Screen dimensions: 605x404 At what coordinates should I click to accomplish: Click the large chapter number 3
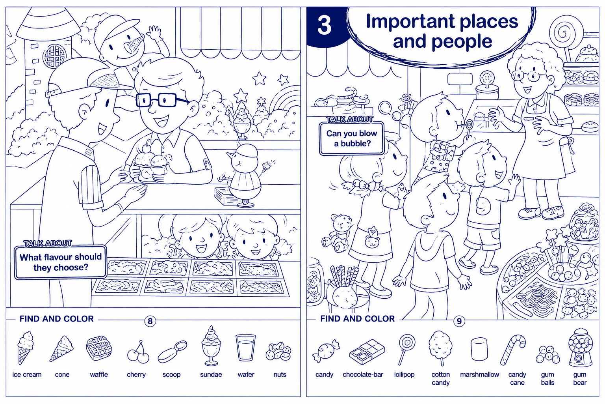pyautogui.click(x=324, y=25)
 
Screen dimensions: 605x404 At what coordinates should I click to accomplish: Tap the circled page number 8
pyautogui.click(x=150, y=321)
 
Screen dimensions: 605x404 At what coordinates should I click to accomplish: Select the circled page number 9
pyautogui.click(x=459, y=321)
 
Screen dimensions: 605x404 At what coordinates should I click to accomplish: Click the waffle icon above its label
pyautogui.click(x=99, y=348)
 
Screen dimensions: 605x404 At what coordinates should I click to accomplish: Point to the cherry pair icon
pyautogui.click(x=138, y=352)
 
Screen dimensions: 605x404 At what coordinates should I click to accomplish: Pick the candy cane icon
pyautogui.click(x=513, y=350)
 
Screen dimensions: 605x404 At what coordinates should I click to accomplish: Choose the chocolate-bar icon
pyautogui.click(x=367, y=352)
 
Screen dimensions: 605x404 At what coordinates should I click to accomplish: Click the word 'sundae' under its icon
pyautogui.click(x=211, y=374)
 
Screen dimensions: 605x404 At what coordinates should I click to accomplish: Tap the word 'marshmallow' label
pyautogui.click(x=479, y=374)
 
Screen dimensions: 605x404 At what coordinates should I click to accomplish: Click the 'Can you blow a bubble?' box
pyautogui.click(x=351, y=138)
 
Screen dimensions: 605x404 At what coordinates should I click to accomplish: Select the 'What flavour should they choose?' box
pyautogui.click(x=61, y=262)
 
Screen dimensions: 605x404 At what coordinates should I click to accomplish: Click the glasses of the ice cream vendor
pyautogui.click(x=161, y=99)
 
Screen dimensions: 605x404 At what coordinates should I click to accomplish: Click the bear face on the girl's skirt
pyautogui.click(x=372, y=241)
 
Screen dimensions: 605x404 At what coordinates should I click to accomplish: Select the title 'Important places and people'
pyautogui.click(x=442, y=31)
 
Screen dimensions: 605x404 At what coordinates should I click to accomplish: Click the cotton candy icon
pyautogui.click(x=440, y=348)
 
